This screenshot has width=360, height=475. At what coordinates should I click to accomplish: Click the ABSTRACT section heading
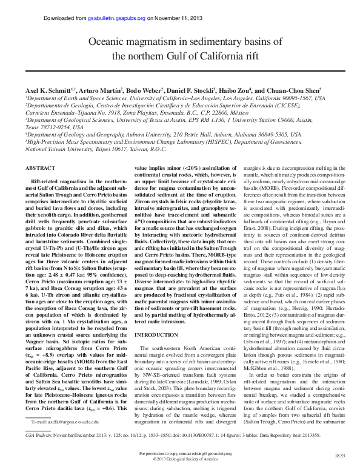click(x=39, y=167)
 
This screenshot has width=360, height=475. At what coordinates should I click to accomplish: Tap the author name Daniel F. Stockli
click(x=193, y=90)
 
